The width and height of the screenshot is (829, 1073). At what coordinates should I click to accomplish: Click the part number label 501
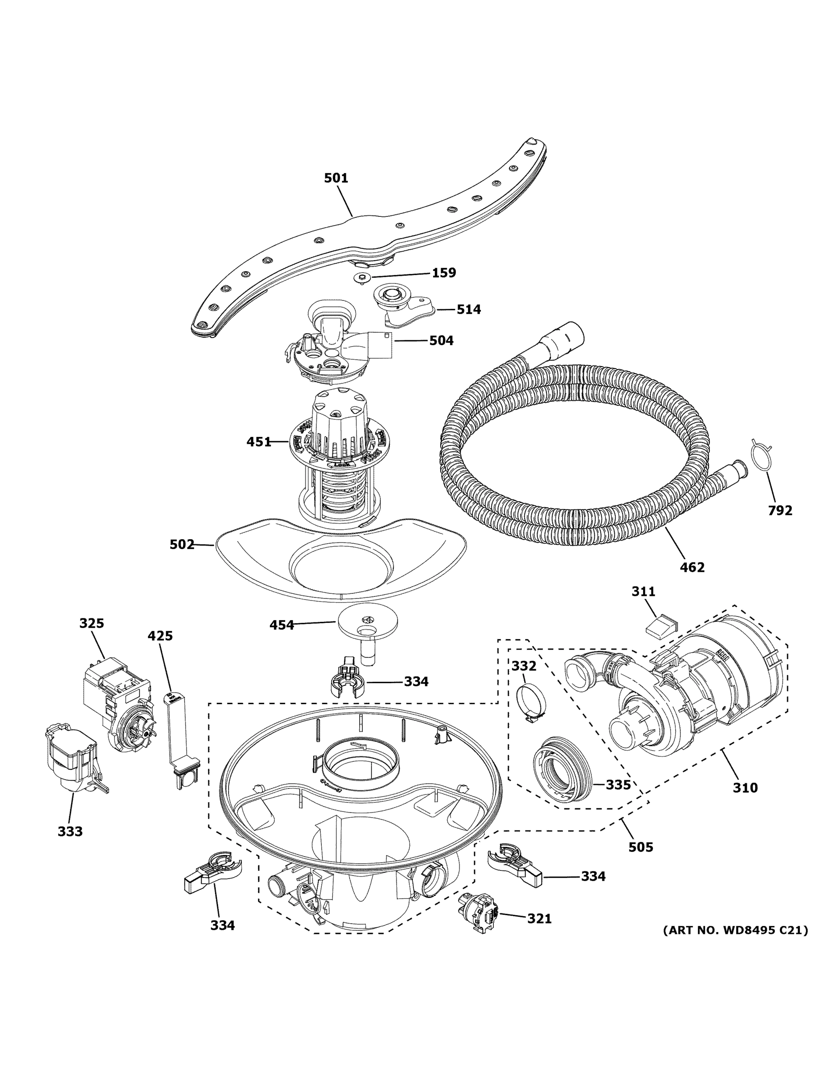[336, 178]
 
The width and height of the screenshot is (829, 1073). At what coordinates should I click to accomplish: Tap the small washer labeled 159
[362, 278]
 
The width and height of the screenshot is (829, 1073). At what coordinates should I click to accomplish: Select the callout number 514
[468, 309]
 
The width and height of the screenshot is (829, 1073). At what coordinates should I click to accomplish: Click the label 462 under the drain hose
[692, 567]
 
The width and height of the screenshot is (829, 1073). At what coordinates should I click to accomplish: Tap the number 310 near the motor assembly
[745, 788]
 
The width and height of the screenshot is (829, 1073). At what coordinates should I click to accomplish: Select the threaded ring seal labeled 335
[563, 774]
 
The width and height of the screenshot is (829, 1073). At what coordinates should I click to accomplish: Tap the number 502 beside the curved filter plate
[182, 545]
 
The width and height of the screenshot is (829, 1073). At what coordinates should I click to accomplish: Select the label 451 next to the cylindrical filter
[258, 442]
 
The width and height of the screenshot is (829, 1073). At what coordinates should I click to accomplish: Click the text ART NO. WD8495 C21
[735, 929]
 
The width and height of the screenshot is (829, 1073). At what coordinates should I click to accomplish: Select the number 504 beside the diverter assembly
[441, 340]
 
